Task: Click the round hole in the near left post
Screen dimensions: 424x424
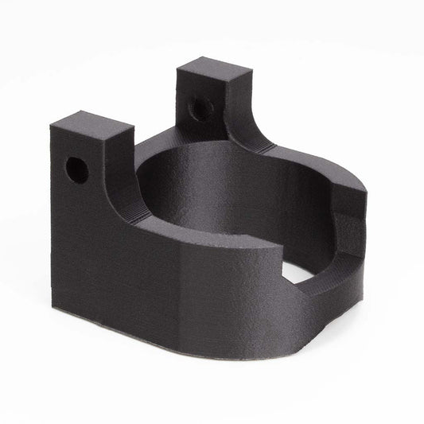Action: tap(77, 169)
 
